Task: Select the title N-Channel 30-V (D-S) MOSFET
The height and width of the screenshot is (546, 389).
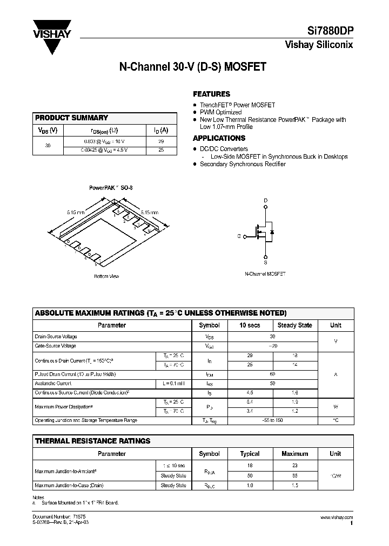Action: (x=192, y=68)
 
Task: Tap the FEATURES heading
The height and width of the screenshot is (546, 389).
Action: (x=211, y=93)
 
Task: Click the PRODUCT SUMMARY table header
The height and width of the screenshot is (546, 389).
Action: (x=71, y=118)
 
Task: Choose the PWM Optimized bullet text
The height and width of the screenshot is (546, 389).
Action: (x=220, y=112)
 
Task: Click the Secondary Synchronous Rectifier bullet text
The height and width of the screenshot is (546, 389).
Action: (x=243, y=164)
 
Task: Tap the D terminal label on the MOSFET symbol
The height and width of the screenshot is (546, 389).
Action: (x=265, y=200)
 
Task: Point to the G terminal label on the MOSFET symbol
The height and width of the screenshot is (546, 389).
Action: (x=238, y=236)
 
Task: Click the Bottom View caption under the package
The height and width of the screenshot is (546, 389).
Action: (x=106, y=276)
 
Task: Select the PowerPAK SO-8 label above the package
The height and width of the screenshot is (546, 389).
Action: (x=111, y=188)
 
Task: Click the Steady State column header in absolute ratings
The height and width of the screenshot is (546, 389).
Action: (x=294, y=325)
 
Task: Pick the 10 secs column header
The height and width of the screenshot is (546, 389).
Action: (x=250, y=325)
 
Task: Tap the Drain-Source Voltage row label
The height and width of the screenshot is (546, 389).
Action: (x=56, y=336)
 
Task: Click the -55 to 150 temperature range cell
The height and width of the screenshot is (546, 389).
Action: (x=272, y=420)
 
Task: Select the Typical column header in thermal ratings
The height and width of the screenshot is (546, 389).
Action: (x=250, y=454)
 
